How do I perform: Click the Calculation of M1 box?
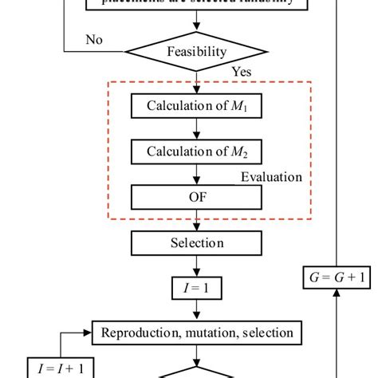click(190, 106)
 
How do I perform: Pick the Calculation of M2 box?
click(190, 151)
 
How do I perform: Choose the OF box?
click(190, 195)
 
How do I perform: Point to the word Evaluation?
click(272, 178)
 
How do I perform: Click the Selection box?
click(190, 242)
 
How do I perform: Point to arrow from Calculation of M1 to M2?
click(190, 128)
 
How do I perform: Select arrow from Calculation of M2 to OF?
click(190, 173)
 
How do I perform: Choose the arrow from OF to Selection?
click(190, 219)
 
